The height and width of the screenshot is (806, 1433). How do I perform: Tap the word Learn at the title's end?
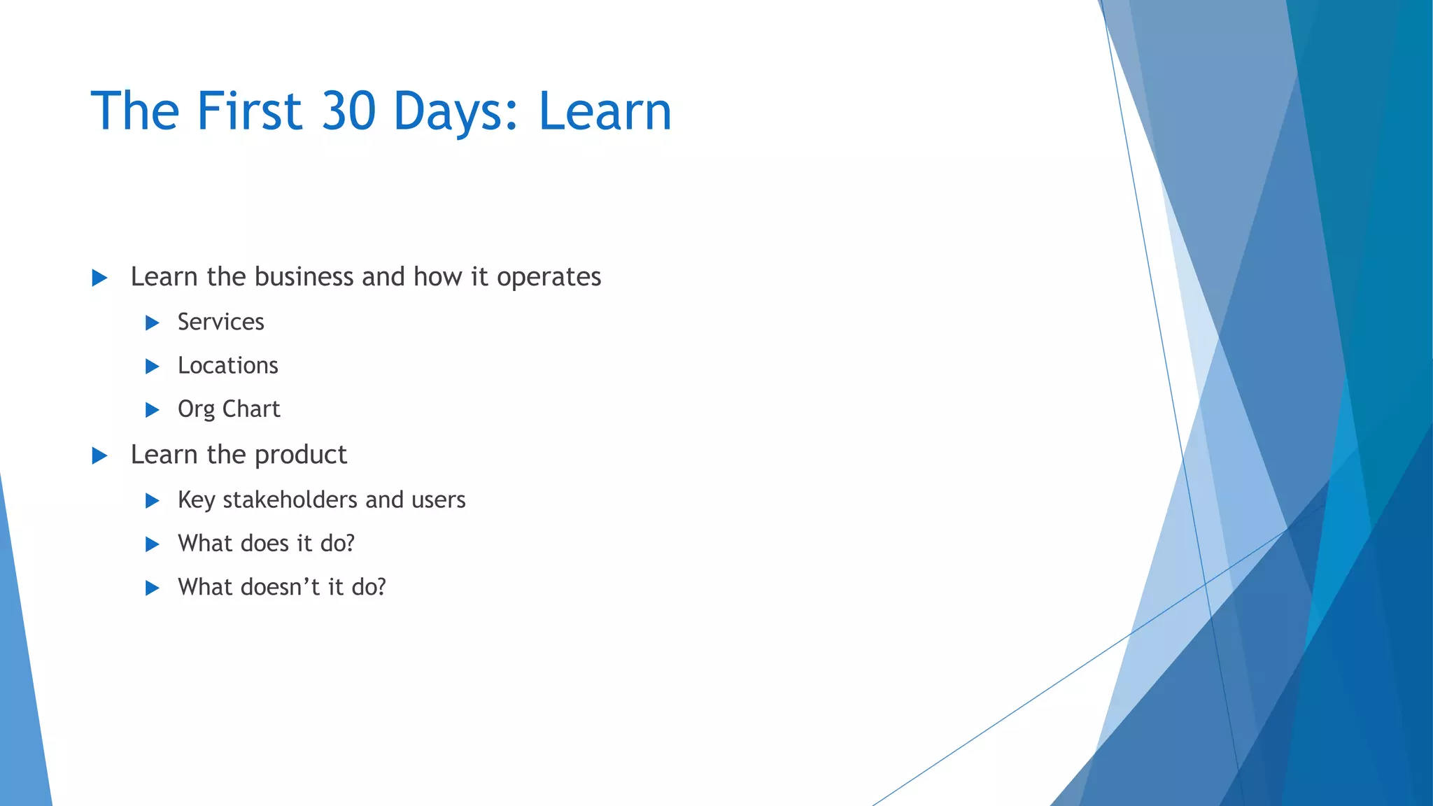tap(605, 111)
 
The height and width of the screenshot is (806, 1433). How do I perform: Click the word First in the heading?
tap(249, 111)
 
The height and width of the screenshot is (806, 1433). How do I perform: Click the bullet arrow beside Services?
tap(152, 323)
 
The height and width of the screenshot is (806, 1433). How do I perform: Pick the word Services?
tap(220, 322)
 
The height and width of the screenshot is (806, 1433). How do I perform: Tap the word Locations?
tap(227, 365)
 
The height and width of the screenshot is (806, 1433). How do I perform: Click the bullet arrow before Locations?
tap(152, 366)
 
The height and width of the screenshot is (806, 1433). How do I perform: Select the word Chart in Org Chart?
tap(251, 409)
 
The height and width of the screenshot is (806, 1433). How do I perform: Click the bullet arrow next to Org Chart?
tap(152, 410)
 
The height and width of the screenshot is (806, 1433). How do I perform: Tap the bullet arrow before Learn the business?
tap(99, 278)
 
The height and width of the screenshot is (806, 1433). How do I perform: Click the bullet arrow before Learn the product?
tap(99, 456)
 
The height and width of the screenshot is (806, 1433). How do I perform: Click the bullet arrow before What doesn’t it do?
tap(152, 588)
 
